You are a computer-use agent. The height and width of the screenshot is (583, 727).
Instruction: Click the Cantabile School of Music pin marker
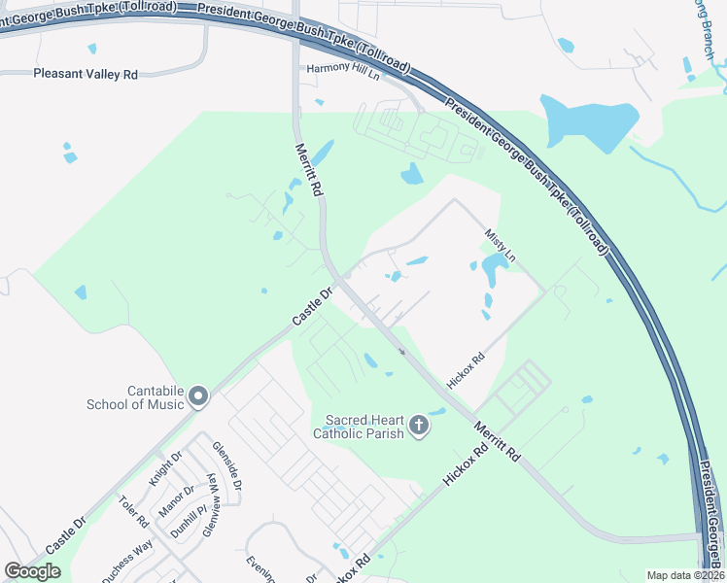pyautogui.click(x=199, y=395)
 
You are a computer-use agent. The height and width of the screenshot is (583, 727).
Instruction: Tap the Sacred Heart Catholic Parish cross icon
pyautogui.click(x=418, y=426)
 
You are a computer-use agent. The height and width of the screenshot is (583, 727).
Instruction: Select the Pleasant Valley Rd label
pyautogui.click(x=86, y=74)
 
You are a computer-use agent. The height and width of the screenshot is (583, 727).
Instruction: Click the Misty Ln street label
pyautogui.click(x=500, y=244)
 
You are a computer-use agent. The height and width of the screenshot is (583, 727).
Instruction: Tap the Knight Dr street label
pyautogui.click(x=165, y=467)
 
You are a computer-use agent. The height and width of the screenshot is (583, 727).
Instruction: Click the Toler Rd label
pyautogui.click(x=133, y=512)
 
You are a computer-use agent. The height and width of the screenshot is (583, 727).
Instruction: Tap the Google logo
pyautogui.click(x=33, y=571)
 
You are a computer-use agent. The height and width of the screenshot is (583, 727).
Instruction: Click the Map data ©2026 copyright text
pyautogui.click(x=685, y=575)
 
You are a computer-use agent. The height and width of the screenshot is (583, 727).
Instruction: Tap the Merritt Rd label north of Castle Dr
pyautogui.click(x=308, y=169)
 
